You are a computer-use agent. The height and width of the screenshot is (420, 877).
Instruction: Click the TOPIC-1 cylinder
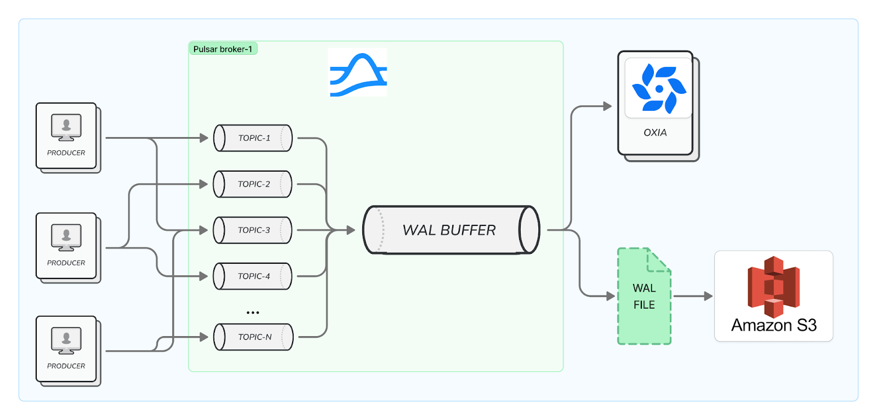(253, 138)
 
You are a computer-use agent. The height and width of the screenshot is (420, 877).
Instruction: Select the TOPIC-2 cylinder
(253, 184)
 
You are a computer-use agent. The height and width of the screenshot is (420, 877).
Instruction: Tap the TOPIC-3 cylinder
(253, 230)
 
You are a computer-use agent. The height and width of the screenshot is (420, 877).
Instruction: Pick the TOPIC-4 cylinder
(253, 276)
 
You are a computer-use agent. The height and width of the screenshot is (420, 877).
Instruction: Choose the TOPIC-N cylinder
(254, 337)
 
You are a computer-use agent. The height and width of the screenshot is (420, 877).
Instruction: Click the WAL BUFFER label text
(449, 230)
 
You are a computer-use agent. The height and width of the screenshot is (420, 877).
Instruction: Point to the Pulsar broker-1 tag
(223, 49)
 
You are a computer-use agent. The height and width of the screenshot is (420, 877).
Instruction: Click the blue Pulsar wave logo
(358, 73)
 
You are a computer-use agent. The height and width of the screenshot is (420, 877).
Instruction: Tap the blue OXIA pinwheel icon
(658, 88)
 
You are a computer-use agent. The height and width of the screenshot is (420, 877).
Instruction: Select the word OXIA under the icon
(655, 133)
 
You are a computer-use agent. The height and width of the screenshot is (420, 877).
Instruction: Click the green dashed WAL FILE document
(644, 297)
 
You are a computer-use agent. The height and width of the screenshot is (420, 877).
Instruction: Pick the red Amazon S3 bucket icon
(773, 286)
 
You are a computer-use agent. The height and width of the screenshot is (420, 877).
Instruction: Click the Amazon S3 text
(773, 326)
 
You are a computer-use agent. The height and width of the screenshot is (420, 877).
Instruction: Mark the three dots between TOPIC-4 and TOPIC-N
(253, 313)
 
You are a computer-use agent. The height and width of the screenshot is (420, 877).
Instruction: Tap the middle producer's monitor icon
(66, 237)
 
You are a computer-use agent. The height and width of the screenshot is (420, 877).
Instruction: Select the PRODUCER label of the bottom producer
(66, 366)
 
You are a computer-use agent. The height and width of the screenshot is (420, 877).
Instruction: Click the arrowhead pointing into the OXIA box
(607, 106)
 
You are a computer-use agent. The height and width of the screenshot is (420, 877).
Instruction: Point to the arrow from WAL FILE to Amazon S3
(693, 296)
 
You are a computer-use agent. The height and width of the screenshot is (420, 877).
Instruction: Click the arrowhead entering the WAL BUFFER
(351, 230)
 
